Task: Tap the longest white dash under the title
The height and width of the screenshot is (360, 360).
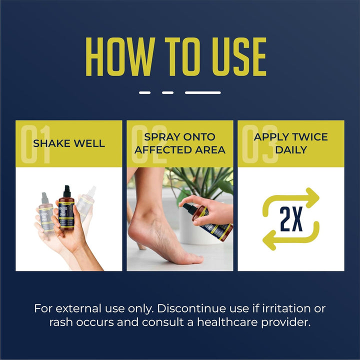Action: pos(202,92)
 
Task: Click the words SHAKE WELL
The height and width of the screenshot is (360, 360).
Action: pos(68,143)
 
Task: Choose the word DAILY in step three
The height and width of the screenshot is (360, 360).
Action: pos(290,149)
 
